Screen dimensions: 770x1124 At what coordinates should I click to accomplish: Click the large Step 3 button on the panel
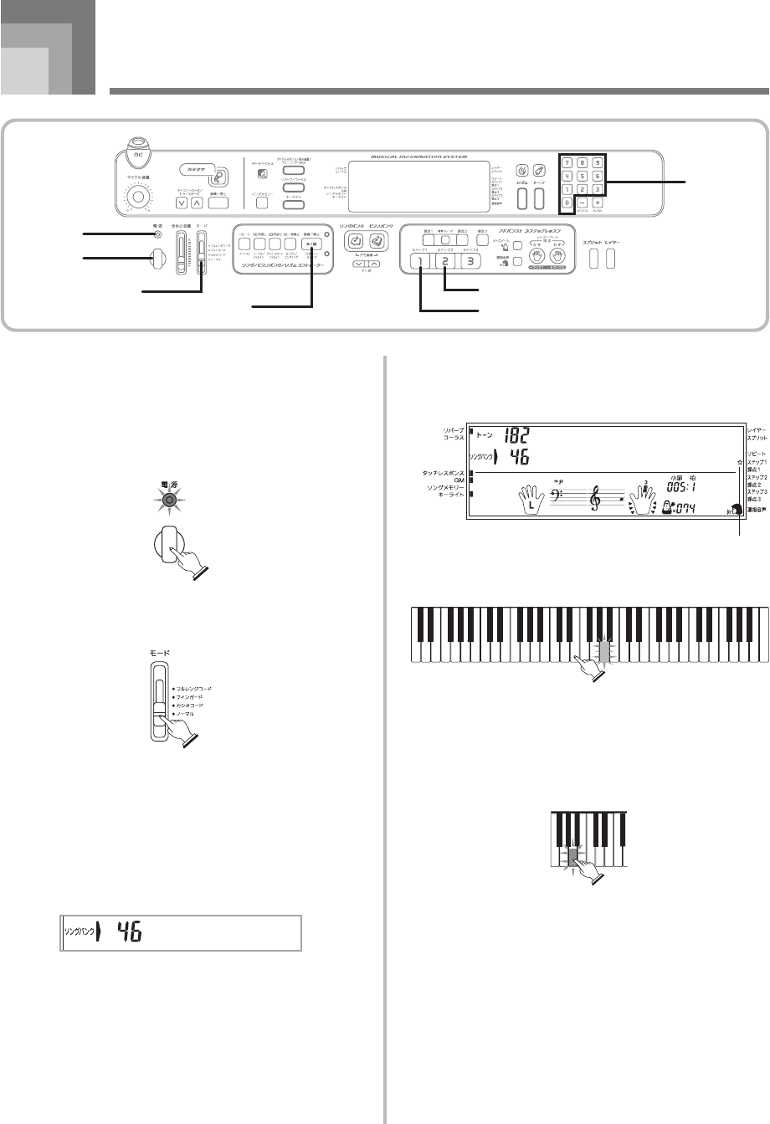[x=475, y=260]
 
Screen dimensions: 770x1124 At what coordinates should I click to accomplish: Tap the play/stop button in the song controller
[x=311, y=245]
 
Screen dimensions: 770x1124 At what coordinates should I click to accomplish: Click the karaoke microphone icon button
[x=218, y=176]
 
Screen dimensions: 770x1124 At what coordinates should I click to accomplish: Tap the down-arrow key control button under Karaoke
[x=182, y=202]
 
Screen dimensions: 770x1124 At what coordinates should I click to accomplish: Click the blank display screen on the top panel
[x=419, y=186]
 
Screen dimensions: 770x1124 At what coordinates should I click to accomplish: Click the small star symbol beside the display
[x=741, y=461]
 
